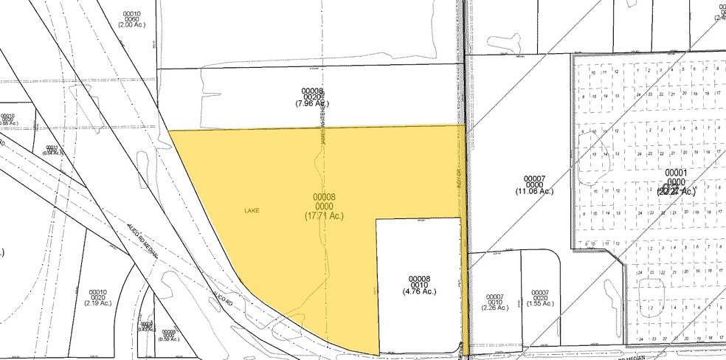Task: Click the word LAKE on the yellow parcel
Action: point(252,210)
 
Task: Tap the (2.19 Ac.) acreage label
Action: point(97,303)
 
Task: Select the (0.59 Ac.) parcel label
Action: point(168,339)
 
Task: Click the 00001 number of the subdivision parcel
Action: point(677,173)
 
